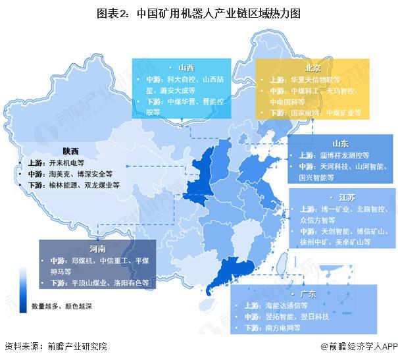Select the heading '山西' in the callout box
coord(186,67)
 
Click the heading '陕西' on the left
coord(71,149)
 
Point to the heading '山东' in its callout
coord(340,143)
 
